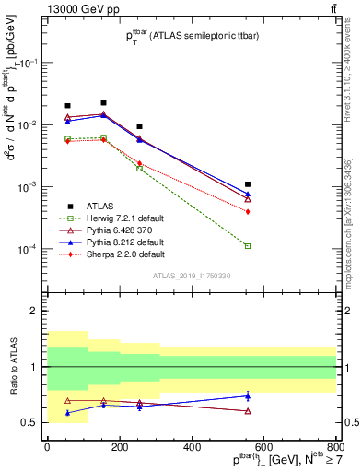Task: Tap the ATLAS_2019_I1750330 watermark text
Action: [193, 276]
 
